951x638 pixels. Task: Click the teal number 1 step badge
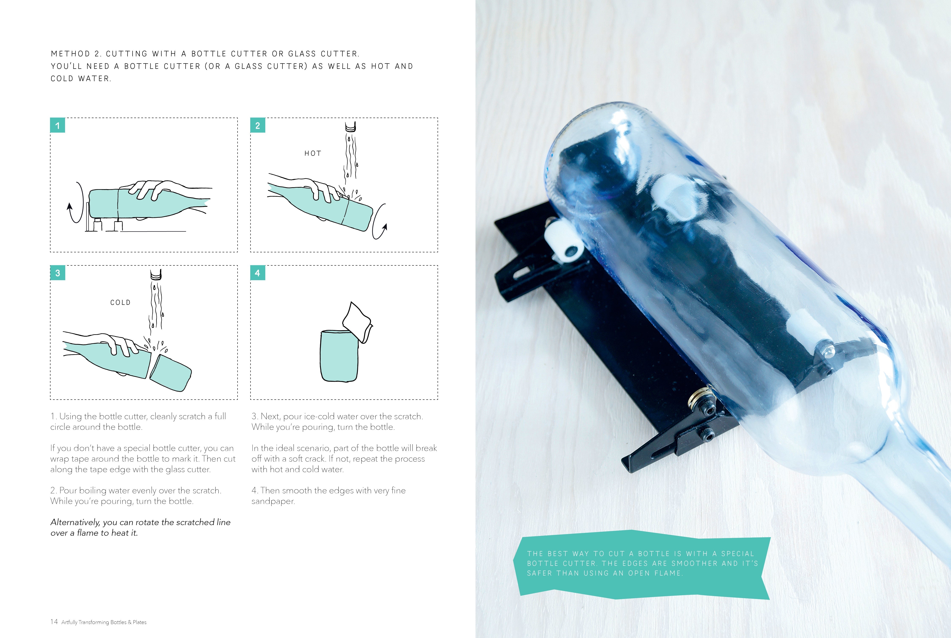[57, 125]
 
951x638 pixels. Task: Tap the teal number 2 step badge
[258, 125]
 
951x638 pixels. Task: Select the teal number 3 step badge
[57, 273]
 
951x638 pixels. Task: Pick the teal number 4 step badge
[258, 273]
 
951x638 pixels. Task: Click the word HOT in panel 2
[313, 153]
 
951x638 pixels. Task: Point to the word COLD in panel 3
[120, 302]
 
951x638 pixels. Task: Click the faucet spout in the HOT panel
[350, 127]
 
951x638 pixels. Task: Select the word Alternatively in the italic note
[75, 522]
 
